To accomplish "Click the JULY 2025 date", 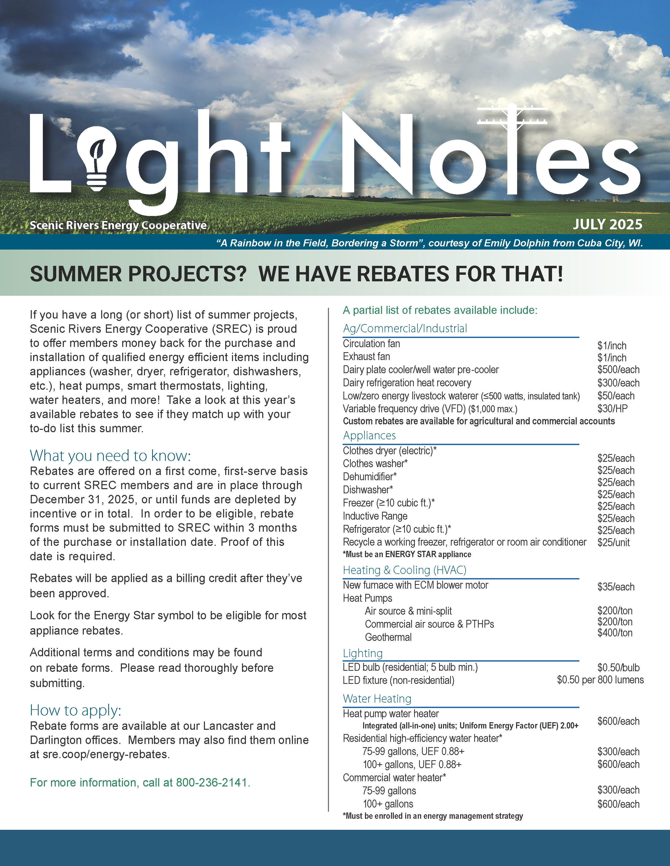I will (607, 224).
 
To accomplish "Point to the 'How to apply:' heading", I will (75, 710).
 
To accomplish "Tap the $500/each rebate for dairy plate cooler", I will (618, 369).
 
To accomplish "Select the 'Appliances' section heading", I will (369, 435).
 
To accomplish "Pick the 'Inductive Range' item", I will (375, 516).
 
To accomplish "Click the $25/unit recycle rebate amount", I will (613, 542).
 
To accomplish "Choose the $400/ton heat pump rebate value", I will (615, 633).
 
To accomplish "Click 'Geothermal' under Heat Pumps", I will (388, 637).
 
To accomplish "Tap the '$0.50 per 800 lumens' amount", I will (600, 680).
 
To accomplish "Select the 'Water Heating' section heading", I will (377, 699).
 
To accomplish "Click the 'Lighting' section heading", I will (362, 653).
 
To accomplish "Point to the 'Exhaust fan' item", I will (366, 356).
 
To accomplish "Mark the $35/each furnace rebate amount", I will (616, 587).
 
